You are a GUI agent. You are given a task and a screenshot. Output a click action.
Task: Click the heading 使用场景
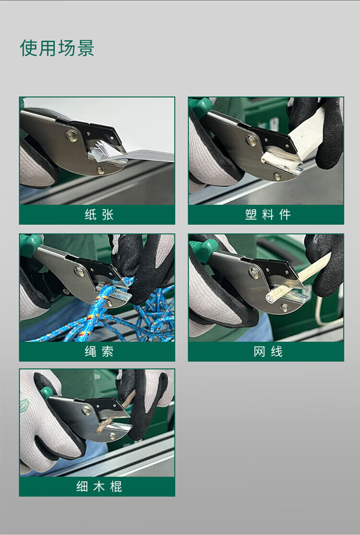pyautogui.click(x=57, y=48)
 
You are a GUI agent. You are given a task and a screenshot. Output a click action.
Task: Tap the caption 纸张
pyautogui.click(x=99, y=214)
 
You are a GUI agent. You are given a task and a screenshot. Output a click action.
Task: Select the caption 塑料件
pyautogui.click(x=268, y=214)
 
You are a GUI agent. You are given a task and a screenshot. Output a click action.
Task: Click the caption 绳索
pyautogui.click(x=99, y=351)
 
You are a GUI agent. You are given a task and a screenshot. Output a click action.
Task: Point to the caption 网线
pyautogui.click(x=268, y=351)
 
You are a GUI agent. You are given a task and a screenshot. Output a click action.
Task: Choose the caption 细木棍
pyautogui.click(x=99, y=486)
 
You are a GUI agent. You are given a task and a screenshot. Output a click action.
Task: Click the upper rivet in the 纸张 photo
pyautogui.click(x=72, y=136)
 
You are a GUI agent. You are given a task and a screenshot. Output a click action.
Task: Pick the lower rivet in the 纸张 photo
pyautogui.click(x=101, y=170)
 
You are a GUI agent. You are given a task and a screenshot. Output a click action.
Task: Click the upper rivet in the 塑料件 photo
pyautogui.click(x=251, y=141)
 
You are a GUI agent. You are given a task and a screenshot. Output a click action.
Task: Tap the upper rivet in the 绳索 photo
pyautogui.click(x=79, y=272)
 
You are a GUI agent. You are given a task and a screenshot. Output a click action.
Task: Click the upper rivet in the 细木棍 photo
pyautogui.click(x=86, y=410)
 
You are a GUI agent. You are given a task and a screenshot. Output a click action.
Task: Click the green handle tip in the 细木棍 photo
pyautogui.click(x=47, y=392)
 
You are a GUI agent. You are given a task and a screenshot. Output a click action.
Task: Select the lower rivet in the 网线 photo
pyautogui.click(x=284, y=308)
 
